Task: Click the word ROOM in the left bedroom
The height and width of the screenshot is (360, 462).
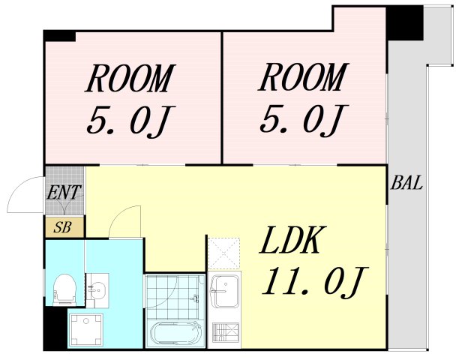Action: [130, 78]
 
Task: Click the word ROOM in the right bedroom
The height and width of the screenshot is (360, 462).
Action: [304, 77]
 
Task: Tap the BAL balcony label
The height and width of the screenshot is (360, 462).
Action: [406, 183]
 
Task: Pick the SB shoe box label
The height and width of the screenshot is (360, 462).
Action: [63, 227]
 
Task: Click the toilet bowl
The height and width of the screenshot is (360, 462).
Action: [65, 289]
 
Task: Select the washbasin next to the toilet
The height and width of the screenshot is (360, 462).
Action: [97, 290]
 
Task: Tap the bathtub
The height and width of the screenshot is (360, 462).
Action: [176, 333]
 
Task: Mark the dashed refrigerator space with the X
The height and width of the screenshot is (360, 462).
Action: [223, 253]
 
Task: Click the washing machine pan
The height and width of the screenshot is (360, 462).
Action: [85, 330]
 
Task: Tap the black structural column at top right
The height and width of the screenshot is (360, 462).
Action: [405, 23]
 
